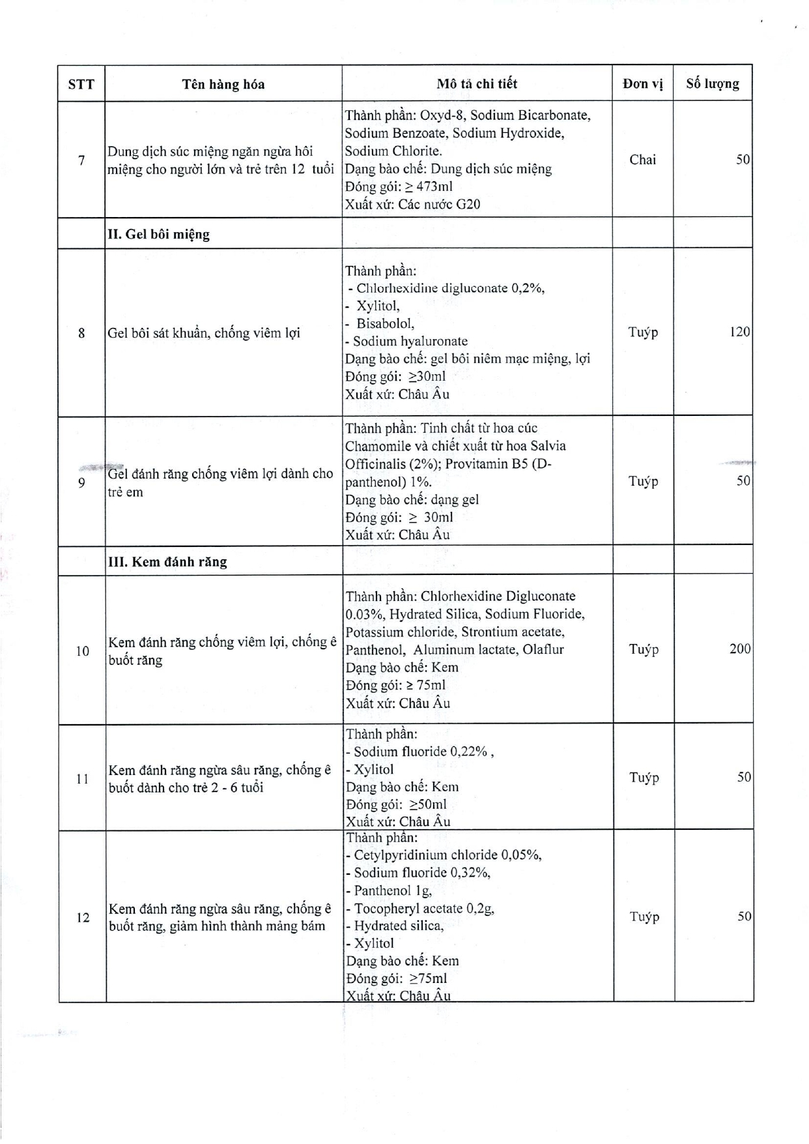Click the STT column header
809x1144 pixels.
81,84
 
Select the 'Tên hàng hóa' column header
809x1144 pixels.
223,84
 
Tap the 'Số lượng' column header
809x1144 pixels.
712,83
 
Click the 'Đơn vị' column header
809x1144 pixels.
642,83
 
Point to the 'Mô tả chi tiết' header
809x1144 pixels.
477,83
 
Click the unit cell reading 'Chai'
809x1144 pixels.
642,160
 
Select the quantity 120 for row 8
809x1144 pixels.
739,332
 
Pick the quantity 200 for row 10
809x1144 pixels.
739,649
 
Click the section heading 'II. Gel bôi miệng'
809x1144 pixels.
158,234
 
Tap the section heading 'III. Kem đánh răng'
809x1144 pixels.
167,562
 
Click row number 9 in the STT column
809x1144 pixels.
81,483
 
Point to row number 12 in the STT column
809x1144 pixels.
83,918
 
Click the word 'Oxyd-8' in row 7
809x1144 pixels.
441,115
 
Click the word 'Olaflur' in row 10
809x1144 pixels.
543,650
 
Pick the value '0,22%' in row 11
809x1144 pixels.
468,752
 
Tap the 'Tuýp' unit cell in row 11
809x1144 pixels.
644,778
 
